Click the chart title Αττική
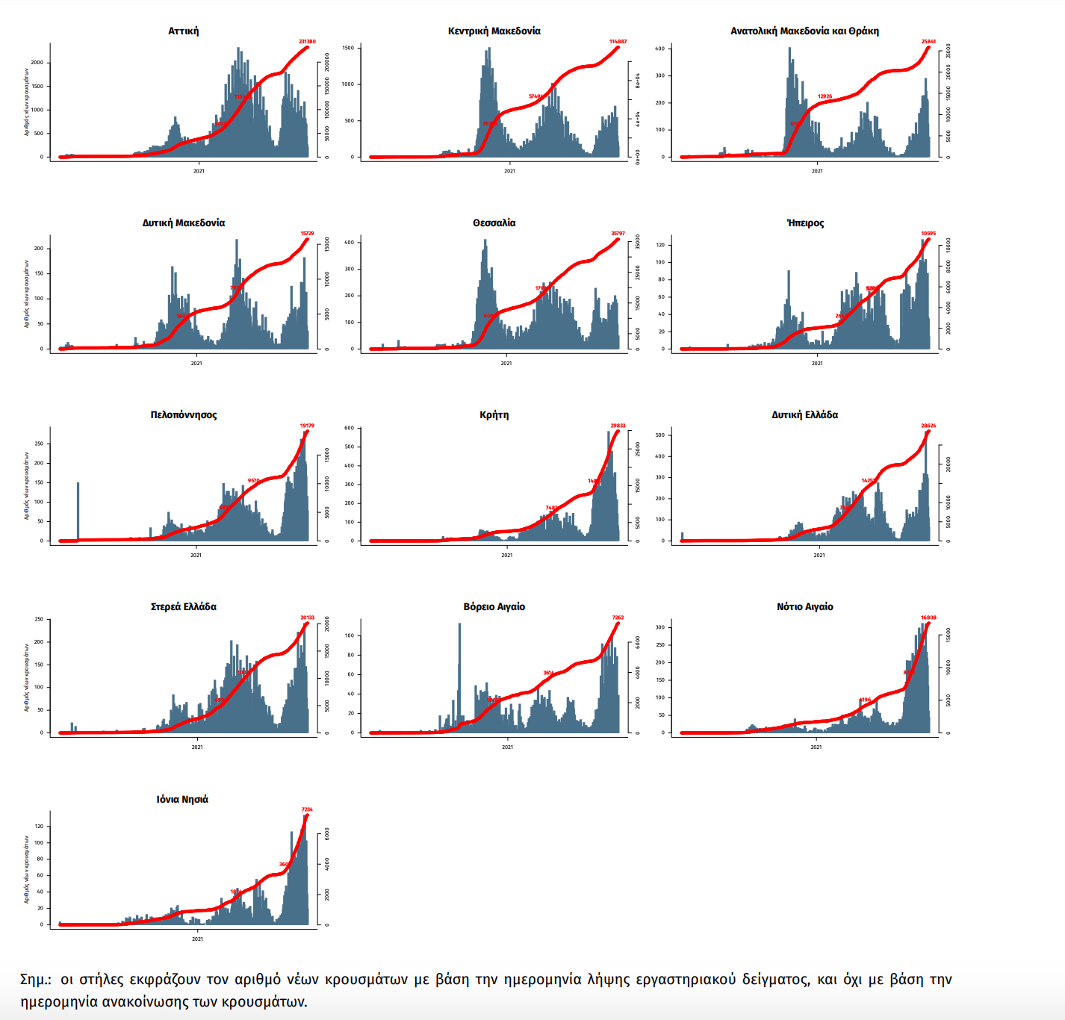tap(183, 31)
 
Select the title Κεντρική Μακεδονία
tap(494, 31)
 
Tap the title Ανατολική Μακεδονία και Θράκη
tap(804, 31)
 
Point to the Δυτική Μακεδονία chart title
tap(183, 223)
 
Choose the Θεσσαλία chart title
tap(494, 223)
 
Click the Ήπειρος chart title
tap(805, 223)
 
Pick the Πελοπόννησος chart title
tap(183, 415)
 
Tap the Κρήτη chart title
tap(494, 415)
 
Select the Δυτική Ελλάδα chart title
tap(804, 415)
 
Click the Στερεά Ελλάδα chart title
tap(183, 607)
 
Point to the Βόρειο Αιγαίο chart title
tap(494, 607)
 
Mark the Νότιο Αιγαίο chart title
tap(804, 607)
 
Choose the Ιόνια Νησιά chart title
tap(182, 800)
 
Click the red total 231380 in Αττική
tap(307, 42)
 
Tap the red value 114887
tap(618, 42)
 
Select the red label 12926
tap(825, 96)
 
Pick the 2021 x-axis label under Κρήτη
tap(507, 555)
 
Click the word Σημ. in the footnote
tap(35, 980)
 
